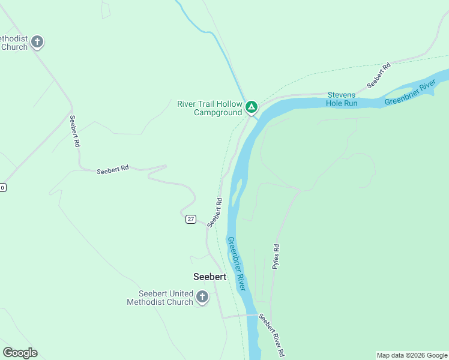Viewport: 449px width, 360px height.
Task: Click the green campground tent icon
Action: [252, 108]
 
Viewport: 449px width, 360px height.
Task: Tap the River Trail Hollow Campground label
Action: [209, 108]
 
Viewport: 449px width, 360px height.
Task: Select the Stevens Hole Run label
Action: [342, 99]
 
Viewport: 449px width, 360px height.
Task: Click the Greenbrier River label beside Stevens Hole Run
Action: [410, 92]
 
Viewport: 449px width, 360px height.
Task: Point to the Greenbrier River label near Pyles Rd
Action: [236, 263]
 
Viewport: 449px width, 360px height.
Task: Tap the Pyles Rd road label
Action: [276, 256]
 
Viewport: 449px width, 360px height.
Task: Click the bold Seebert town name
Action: [209, 277]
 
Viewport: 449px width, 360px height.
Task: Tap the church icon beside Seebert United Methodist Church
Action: [202, 297]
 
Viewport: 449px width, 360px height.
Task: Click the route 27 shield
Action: [190, 219]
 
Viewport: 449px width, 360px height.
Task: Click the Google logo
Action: [20, 353]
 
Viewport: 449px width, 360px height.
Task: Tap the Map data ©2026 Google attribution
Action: [412, 355]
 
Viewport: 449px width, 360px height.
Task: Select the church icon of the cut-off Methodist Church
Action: [37, 42]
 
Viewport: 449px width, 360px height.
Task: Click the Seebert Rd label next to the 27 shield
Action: [215, 212]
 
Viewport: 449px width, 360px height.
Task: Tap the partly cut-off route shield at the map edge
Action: [2, 188]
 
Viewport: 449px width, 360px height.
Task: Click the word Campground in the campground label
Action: [217, 112]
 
